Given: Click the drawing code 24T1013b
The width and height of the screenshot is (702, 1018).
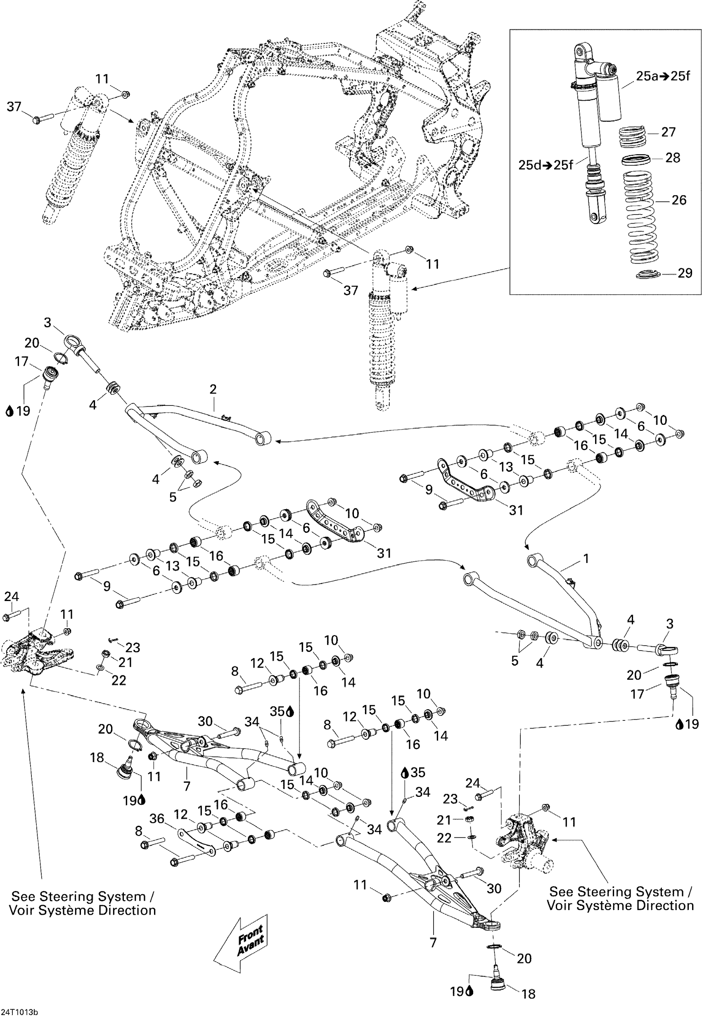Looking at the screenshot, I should [x=19, y=1012].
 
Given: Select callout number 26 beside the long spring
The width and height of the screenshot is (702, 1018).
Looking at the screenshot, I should [x=679, y=200].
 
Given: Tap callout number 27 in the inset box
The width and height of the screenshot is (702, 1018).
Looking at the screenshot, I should [x=668, y=132].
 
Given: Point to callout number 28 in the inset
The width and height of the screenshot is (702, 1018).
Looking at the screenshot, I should [x=673, y=157].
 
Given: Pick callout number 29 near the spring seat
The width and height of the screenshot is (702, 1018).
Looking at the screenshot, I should [x=685, y=273].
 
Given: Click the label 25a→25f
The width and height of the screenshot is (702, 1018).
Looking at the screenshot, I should [x=663, y=76].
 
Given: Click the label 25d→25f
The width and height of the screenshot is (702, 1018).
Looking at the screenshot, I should [x=545, y=165].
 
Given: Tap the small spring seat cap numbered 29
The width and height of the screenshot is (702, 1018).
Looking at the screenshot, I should [x=649, y=274].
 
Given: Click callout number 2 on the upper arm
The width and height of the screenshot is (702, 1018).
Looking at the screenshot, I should [x=213, y=389].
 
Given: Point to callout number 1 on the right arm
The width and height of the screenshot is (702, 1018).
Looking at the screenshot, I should [x=586, y=558].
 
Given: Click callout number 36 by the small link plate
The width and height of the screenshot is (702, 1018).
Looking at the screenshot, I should [x=157, y=819].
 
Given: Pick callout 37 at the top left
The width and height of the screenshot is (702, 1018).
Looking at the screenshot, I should [x=14, y=107].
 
